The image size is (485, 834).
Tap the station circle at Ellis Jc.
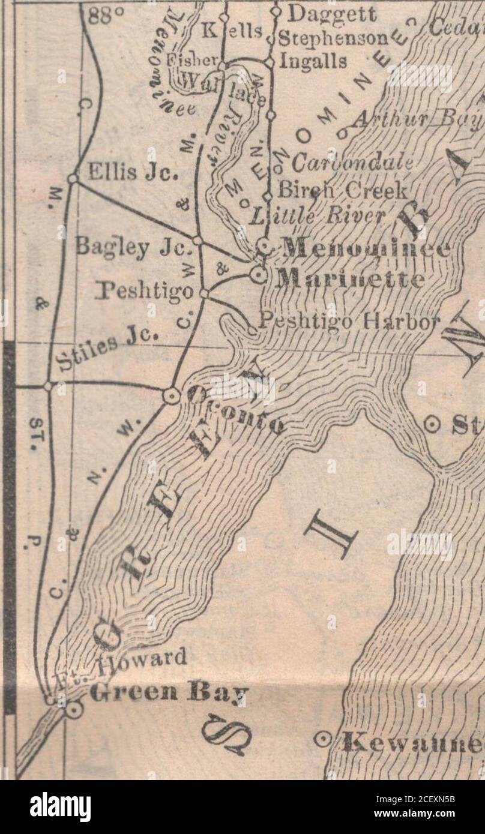point(73,178)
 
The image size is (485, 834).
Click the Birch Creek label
point(343,191)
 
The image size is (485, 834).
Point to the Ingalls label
point(313,61)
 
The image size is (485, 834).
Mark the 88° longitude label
point(100,16)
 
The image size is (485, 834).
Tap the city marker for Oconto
point(170,395)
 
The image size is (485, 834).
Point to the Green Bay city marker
point(74,710)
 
